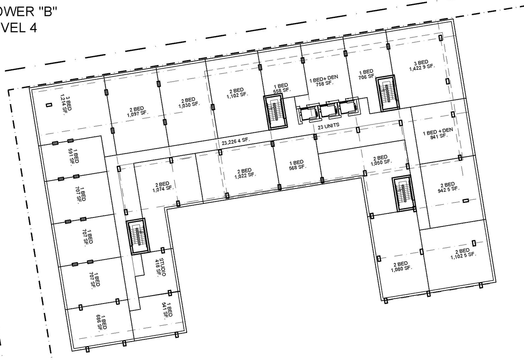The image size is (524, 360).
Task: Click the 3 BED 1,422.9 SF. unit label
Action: point(421,65)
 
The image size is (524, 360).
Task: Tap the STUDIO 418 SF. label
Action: point(160,267)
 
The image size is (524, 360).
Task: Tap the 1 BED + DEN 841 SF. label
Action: point(438,133)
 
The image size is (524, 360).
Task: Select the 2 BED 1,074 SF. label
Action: point(163,187)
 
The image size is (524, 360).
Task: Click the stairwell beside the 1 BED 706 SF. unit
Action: point(386,93)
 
